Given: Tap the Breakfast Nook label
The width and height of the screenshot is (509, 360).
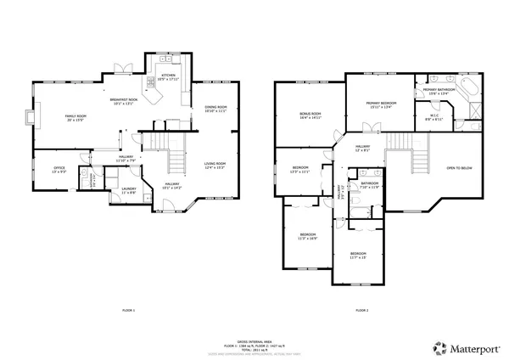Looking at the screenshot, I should tap(124, 102).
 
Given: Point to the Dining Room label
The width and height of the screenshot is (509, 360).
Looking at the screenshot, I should tap(215, 109).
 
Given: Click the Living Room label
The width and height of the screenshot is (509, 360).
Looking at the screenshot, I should tap(215, 165).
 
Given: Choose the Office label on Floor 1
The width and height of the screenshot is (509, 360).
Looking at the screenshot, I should tap(59, 170).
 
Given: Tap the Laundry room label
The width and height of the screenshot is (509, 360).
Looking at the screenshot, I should tap(129, 190).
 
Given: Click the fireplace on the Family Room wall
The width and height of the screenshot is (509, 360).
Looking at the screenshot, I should tap(30, 117).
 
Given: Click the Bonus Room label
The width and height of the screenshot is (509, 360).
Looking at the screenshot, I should tap(310, 115).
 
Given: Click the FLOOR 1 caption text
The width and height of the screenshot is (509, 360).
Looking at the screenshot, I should tap(128, 311).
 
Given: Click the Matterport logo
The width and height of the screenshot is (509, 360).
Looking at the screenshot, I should tap(461, 347).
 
